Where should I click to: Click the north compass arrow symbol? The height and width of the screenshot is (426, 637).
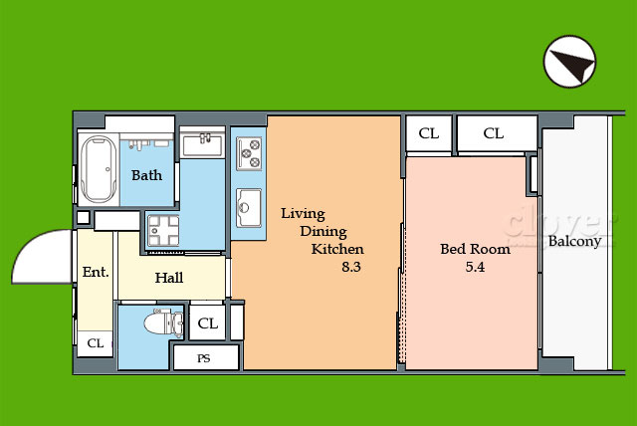click(x=569, y=62)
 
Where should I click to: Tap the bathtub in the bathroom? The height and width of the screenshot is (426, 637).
click(x=98, y=168)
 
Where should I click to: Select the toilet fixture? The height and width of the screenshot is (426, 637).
click(x=164, y=322)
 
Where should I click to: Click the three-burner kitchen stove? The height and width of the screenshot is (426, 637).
click(x=249, y=153)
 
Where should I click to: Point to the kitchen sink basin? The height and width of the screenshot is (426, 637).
click(x=249, y=207)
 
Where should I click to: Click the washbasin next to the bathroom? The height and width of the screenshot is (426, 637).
click(x=202, y=143)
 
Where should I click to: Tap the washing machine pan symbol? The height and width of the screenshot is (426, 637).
click(x=163, y=230)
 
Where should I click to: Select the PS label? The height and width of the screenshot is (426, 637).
click(x=204, y=358)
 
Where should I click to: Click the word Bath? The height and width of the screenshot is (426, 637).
click(x=146, y=175)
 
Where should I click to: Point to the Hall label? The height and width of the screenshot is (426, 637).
click(x=169, y=278)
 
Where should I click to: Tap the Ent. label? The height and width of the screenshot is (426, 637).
click(x=96, y=272)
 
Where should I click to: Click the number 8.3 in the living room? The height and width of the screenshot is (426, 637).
click(x=351, y=267)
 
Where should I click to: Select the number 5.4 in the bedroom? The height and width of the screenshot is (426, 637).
click(x=475, y=267)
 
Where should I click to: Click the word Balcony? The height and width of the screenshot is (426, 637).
click(x=574, y=241)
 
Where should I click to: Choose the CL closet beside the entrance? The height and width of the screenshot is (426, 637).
click(x=96, y=343)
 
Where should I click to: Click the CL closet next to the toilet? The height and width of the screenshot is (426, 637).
click(x=208, y=323)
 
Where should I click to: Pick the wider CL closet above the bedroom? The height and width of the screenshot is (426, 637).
click(x=498, y=133)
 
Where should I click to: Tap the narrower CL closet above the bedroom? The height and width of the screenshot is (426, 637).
click(x=429, y=133)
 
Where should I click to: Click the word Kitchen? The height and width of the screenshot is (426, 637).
click(x=337, y=249)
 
